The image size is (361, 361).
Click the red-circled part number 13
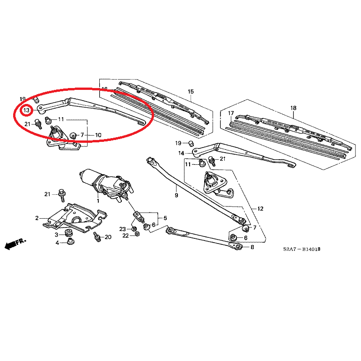pyautogui.click(x=27, y=111)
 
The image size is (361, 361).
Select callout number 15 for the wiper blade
pyautogui.click(x=191, y=91)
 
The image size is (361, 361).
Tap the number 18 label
pyautogui.click(x=294, y=108)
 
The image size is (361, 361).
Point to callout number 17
pyautogui.click(x=231, y=114)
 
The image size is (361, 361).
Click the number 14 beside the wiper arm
pyautogui.click(x=181, y=153)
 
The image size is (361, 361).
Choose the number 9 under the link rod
pyautogui.click(x=177, y=195)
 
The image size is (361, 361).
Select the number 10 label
pyautogui.click(x=98, y=135)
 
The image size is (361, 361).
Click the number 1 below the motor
pyautogui.click(x=98, y=200)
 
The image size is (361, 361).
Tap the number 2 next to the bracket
pyautogui.click(x=37, y=218)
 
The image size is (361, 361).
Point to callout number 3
pyautogui.click(x=56, y=234)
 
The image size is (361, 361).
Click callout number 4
pyautogui.click(x=57, y=243)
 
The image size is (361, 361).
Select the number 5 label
pyautogui.click(x=165, y=218)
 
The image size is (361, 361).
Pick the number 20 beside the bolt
pyautogui.click(x=108, y=237)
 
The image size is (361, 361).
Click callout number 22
pyautogui.click(x=125, y=236)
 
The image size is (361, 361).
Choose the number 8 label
pyautogui.click(x=252, y=247)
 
